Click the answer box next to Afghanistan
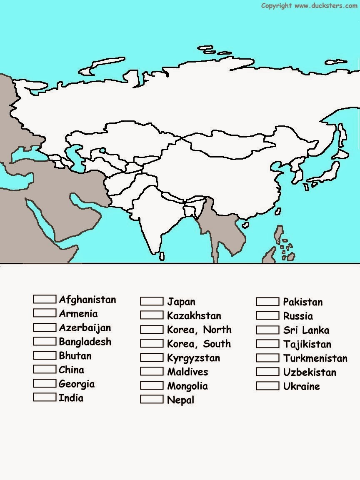click(x=45, y=299)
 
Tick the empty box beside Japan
click(x=151, y=301)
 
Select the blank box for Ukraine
click(x=267, y=386)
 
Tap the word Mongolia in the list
click(x=187, y=386)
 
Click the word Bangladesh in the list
click(x=85, y=342)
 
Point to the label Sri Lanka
click(x=306, y=330)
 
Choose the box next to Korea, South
click(x=151, y=343)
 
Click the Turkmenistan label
click(x=315, y=358)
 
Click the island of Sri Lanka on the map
click(x=162, y=256)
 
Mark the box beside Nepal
click(x=151, y=399)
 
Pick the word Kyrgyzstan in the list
click(x=193, y=358)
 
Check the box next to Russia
click(x=267, y=315)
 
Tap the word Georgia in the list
click(x=77, y=384)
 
